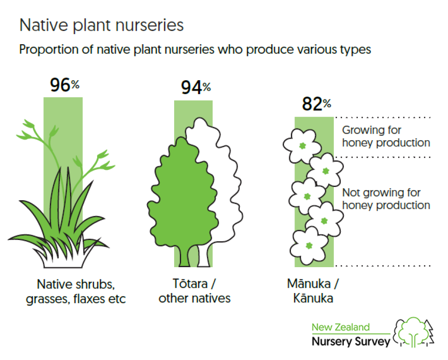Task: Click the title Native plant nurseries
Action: pyautogui.click(x=101, y=25)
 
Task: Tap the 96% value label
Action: pyautogui.click(x=65, y=85)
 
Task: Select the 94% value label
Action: pyautogui.click(x=196, y=87)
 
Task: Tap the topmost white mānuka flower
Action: pyautogui.click(x=302, y=145)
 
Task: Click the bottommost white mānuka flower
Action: pyautogui.click(x=308, y=246)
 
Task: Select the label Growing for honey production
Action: pyautogui.click(x=386, y=136)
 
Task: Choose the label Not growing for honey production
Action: pyautogui.click(x=386, y=199)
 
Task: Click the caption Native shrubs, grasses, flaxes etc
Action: pyautogui.click(x=76, y=292)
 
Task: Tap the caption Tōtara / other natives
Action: pyautogui.click(x=194, y=291)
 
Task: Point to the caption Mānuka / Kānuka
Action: pyautogui.click(x=313, y=291)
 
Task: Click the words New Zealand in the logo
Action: pyautogui.click(x=340, y=327)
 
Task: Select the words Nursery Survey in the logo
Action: pyautogui.click(x=351, y=342)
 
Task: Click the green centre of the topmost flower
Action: pyautogui.click(x=302, y=146)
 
